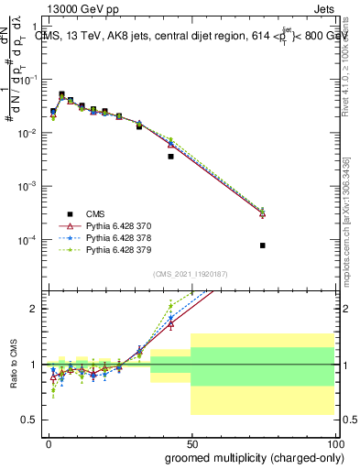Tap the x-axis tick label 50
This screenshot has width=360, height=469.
click(x=191, y=442)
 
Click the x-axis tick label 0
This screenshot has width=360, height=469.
click(x=48, y=442)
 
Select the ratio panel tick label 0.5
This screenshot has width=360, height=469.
click(x=27, y=420)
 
